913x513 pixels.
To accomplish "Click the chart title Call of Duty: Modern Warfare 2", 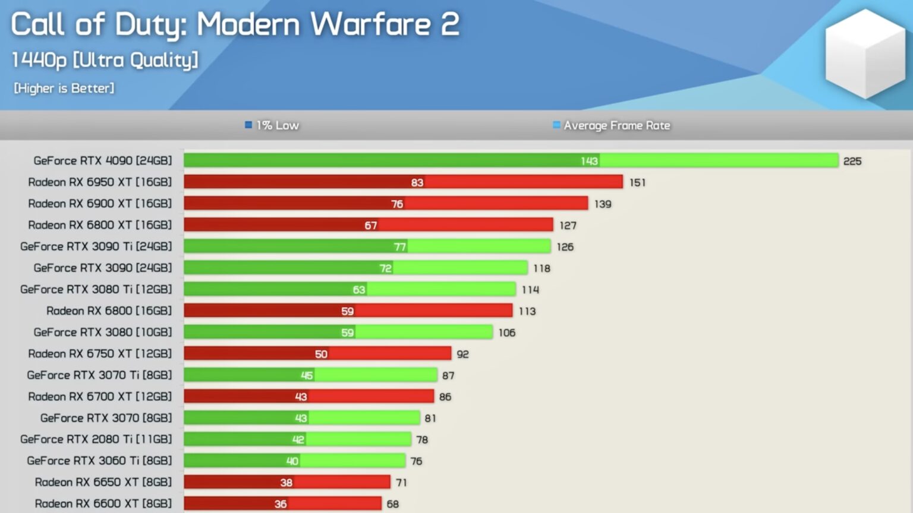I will click(235, 25).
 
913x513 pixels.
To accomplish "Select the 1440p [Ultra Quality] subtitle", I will click(105, 60).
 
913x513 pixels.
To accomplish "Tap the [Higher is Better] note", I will click(64, 88).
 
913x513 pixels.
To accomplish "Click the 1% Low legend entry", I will click(272, 125).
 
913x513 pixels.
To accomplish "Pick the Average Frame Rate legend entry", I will click(612, 125).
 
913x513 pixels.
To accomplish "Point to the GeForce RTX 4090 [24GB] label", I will click(102, 161).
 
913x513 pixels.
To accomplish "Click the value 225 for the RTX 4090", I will click(852, 161).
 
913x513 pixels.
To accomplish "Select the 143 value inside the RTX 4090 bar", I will click(589, 161).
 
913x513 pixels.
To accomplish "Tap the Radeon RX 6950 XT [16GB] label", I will click(100, 182).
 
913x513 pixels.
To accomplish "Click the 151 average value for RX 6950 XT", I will click(637, 182).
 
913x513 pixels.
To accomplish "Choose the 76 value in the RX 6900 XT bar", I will click(397, 204).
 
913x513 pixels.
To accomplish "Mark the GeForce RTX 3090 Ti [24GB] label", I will click(96, 246).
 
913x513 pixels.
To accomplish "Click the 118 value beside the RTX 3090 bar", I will click(541, 268).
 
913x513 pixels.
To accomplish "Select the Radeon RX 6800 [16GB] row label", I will click(109, 311).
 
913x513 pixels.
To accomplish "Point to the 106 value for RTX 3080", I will click(506, 332).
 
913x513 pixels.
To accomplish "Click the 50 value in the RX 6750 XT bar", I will click(321, 354).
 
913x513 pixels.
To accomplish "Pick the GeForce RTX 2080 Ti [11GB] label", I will click(96, 439).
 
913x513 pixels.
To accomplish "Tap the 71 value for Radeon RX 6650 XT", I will click(401, 483).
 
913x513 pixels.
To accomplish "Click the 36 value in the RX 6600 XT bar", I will click(281, 504).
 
